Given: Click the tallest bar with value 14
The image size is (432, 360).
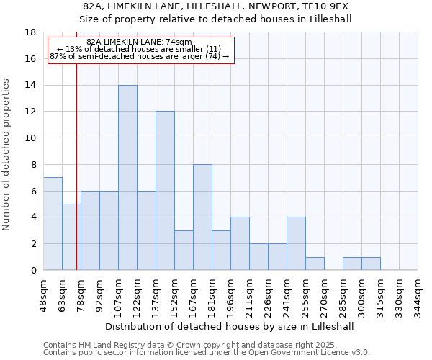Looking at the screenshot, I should coord(127,178).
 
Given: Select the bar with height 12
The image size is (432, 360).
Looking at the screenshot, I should coord(165,191).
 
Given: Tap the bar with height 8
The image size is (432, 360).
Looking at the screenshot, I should coord(202,217).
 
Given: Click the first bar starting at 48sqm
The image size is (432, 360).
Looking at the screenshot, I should coord(53,224).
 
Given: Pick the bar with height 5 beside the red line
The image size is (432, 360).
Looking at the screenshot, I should coord(71,237).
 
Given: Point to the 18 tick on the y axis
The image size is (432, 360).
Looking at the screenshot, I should coord(30,32).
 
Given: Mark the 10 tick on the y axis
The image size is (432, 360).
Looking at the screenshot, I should coord(30,138).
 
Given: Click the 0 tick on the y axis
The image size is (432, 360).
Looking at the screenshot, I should coord(33,271).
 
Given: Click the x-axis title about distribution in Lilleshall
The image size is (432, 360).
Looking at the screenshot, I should coord(230,326).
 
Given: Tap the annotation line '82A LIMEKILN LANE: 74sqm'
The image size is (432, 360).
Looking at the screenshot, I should coord(140,42).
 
